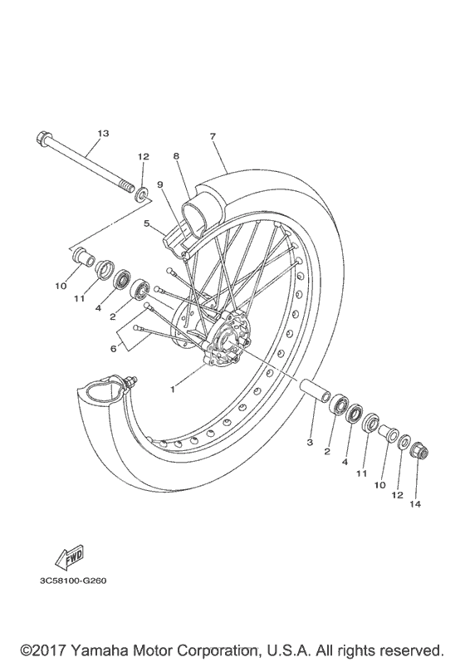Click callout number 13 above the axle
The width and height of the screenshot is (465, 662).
104,134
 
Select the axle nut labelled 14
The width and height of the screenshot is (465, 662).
419,450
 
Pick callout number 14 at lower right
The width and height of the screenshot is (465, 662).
415,503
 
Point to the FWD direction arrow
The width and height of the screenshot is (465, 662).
70,557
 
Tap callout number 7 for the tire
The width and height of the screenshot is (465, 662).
213,136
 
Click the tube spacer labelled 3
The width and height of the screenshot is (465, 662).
315,390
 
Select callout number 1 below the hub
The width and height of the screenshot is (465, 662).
173,390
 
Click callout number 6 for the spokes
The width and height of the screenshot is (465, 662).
113,349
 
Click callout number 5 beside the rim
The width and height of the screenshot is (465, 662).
146,223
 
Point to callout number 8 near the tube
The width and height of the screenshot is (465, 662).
176,156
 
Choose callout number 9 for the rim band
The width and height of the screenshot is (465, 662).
160,184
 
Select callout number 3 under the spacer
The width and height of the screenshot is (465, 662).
310,443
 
